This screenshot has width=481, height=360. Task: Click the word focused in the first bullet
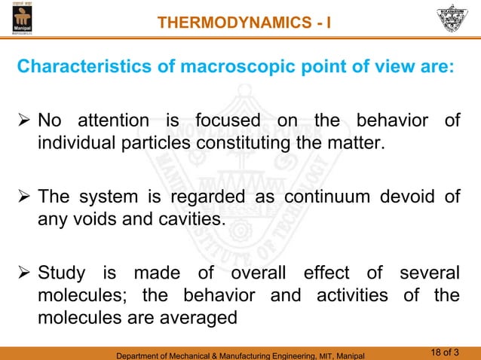[x=226, y=121]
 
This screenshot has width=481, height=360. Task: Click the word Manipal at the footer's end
[x=348, y=354]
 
